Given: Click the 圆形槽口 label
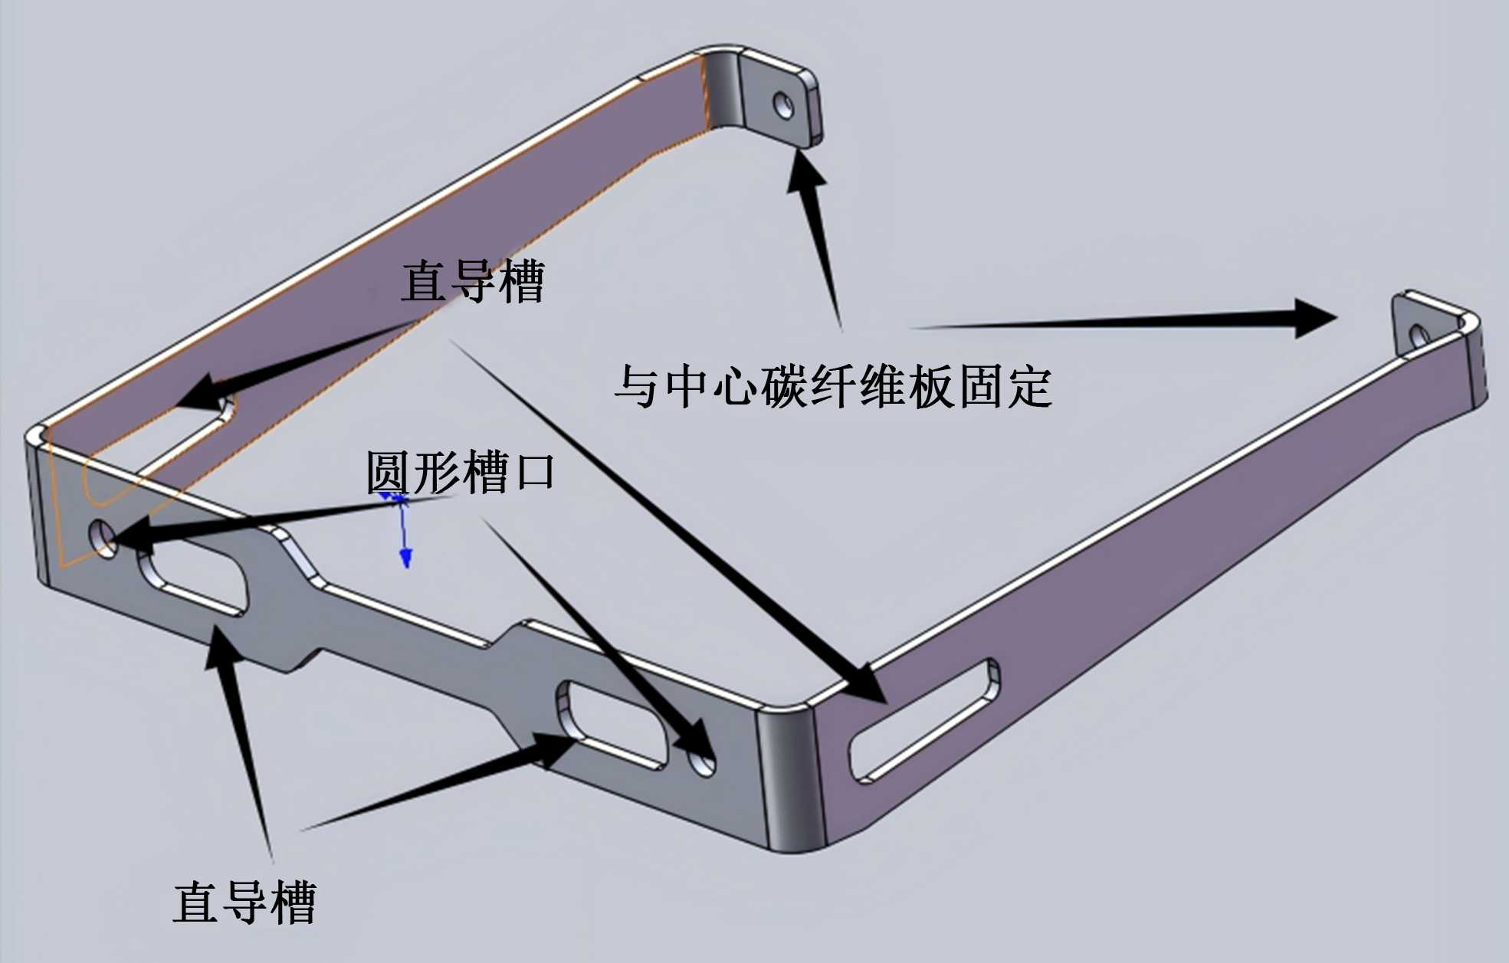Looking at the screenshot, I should [460, 472].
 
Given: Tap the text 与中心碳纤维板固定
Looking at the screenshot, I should [833, 385].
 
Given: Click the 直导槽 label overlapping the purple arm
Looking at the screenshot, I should [472, 282].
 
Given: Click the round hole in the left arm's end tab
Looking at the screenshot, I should [783, 105].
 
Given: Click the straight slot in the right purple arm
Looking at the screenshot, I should [923, 719].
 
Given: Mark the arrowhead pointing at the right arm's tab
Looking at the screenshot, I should [1315, 318].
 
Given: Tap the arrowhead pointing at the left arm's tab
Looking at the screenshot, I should [805, 172].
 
